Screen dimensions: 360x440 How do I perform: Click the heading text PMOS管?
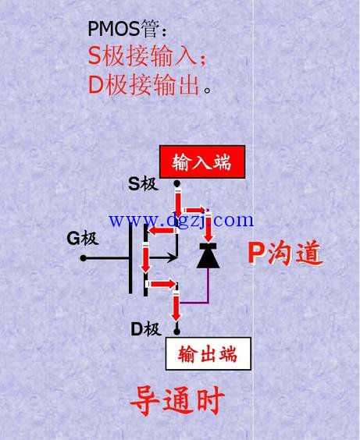pyautogui.click(x=123, y=29)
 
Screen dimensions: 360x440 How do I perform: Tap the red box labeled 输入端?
pyautogui.click(x=202, y=161)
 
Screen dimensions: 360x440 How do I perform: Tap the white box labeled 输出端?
pyautogui.click(x=208, y=353)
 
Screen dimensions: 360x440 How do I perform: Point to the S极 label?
pyautogui.click(x=143, y=184)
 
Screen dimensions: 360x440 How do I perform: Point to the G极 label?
pyautogui.click(x=82, y=239)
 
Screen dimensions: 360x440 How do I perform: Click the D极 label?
pyautogui.click(x=146, y=329)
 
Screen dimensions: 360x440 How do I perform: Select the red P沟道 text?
pyautogui.click(x=285, y=254)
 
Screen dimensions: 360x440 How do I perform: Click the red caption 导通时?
pyautogui.click(x=177, y=400)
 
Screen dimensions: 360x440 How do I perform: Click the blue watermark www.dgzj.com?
pyautogui.click(x=181, y=221)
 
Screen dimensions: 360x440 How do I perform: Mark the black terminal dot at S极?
pyautogui.click(x=176, y=183)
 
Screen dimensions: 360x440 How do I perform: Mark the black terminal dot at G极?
pyautogui.click(x=83, y=258)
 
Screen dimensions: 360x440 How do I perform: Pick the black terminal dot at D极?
pyautogui.click(x=176, y=332)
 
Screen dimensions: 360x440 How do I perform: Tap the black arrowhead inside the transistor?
pyautogui.click(x=171, y=257)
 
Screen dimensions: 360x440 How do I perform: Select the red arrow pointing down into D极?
pyautogui.click(x=176, y=307)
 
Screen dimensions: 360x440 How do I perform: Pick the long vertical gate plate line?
pyautogui.click(x=130, y=259)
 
